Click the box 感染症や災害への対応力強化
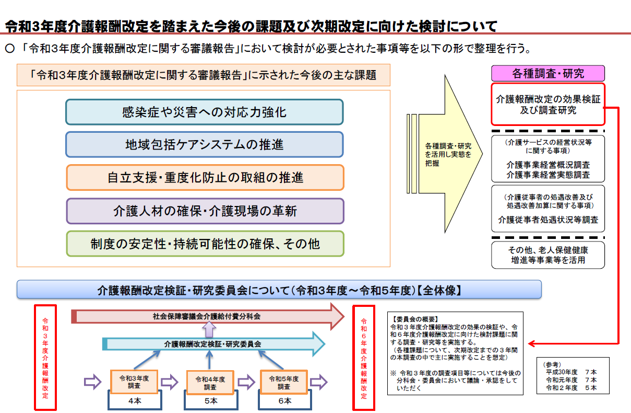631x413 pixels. point(204,112)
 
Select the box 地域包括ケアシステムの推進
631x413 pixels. point(204,144)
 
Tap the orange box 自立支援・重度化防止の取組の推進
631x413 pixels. point(205,178)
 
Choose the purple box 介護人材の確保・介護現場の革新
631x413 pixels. point(205,211)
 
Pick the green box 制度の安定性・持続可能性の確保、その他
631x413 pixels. point(205,244)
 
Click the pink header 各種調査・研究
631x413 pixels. point(547,73)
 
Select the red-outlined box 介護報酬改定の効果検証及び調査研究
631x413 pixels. point(547,104)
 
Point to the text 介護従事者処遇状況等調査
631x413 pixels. point(547,220)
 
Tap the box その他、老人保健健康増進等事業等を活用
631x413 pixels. point(547,255)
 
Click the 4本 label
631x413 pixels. point(134,401)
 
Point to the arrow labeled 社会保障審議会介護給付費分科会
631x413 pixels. point(207,316)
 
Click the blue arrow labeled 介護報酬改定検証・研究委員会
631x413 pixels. point(212,343)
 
